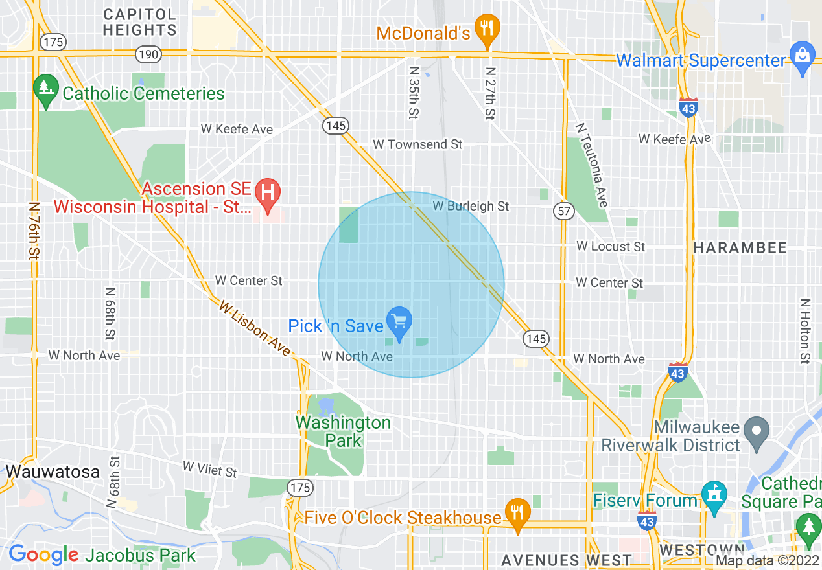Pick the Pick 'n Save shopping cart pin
tap(399, 321)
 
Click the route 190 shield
tap(148, 54)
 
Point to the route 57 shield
tap(563, 211)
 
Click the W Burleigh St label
tap(471, 207)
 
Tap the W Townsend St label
tap(418, 144)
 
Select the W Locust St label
tap(611, 247)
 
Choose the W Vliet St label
tap(210, 469)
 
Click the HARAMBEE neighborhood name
tap(740, 247)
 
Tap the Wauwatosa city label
tap(53, 472)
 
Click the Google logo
tap(43, 554)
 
